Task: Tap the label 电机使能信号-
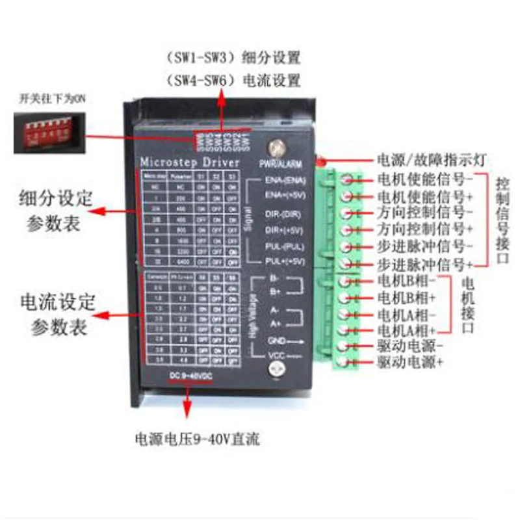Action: [422, 178]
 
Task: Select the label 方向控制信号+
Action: [422, 229]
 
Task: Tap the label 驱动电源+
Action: [410, 363]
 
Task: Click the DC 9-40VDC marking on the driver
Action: [191, 376]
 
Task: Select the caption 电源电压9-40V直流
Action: [197, 439]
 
